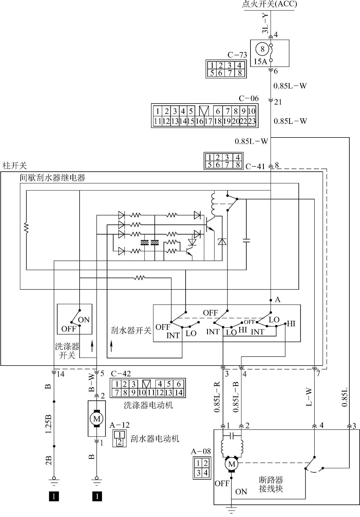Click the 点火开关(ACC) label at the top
pos(269,4)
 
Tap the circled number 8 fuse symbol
pos(262,49)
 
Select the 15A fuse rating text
pos(260,62)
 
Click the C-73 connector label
pos(237,55)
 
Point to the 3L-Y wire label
pos(265,23)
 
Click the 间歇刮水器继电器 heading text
pos(52,178)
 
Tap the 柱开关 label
pos(14,166)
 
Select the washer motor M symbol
pos(97,418)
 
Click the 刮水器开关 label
pos(131,330)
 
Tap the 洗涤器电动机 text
pos(148,405)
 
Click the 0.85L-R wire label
pos(217,396)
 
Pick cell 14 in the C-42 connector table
pos(178,393)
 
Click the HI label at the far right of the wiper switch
pos(291,324)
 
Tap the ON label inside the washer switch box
pos(84,320)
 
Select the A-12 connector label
pos(119,425)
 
